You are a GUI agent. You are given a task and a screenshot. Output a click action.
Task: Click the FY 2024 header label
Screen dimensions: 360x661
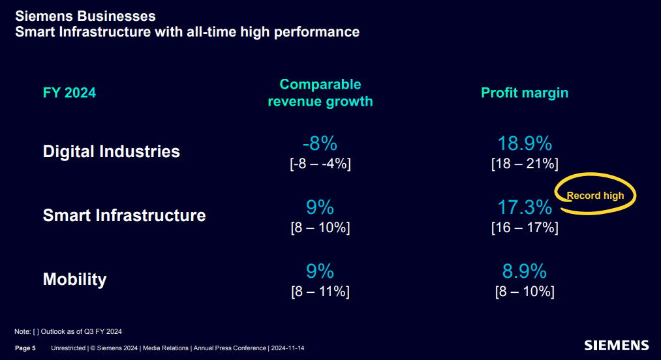pyautogui.click(x=69, y=93)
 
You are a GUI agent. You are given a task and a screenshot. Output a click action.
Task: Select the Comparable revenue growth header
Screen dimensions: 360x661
pyautogui.click(x=320, y=93)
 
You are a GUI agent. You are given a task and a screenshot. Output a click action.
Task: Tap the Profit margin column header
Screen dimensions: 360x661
pyautogui.click(x=525, y=93)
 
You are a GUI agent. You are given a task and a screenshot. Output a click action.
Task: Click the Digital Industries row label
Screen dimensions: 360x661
pyautogui.click(x=111, y=152)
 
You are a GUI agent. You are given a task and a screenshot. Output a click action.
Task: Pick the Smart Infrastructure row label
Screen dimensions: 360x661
pyautogui.click(x=124, y=215)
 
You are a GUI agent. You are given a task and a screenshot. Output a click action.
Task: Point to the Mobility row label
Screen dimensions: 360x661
pyautogui.click(x=74, y=280)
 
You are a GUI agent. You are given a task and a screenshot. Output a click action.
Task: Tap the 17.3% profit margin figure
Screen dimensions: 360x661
pyautogui.click(x=525, y=207)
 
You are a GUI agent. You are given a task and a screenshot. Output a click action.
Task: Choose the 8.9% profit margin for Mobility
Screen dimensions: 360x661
pyautogui.click(x=525, y=271)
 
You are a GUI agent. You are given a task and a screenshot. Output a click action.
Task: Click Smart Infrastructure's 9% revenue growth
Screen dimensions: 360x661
pyautogui.click(x=320, y=207)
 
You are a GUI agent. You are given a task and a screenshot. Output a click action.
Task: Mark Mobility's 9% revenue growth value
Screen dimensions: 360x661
pyautogui.click(x=320, y=271)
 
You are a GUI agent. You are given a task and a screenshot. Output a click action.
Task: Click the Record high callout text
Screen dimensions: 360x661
pyautogui.click(x=595, y=196)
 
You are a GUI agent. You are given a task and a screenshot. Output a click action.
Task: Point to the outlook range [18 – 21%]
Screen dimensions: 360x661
pyautogui.click(x=525, y=164)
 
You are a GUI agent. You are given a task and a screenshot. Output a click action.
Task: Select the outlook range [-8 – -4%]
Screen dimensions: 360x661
pyautogui.click(x=320, y=164)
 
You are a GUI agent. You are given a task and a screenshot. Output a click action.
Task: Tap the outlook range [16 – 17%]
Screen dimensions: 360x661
pyautogui.click(x=525, y=228)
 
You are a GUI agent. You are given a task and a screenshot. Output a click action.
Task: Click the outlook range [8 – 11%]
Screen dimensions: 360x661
pyautogui.click(x=320, y=292)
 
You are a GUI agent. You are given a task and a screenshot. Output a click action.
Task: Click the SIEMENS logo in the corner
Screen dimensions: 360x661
pyautogui.click(x=616, y=345)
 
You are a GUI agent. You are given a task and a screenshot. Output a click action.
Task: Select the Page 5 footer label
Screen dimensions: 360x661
pyautogui.click(x=25, y=348)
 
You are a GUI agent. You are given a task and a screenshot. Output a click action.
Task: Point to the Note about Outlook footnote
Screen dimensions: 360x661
pyautogui.click(x=69, y=331)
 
